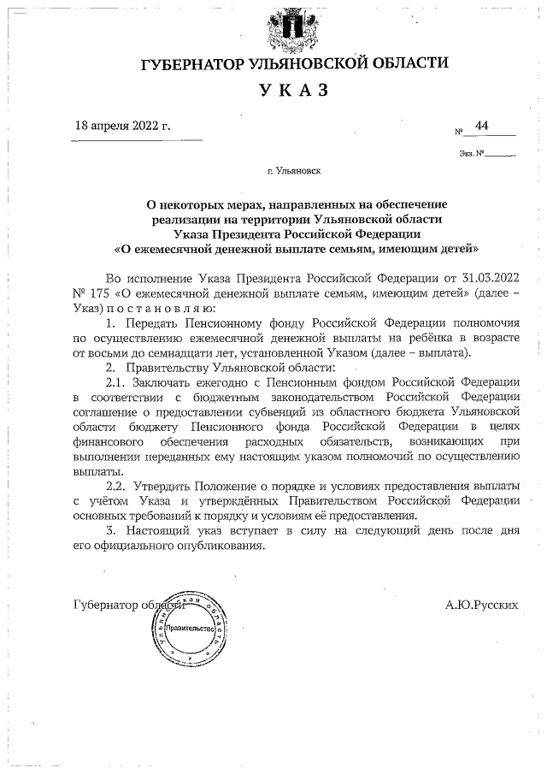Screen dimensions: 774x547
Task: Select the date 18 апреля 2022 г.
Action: [x=123, y=126]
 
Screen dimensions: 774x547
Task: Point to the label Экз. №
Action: [x=471, y=154]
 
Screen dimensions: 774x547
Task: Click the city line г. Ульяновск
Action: [x=293, y=171]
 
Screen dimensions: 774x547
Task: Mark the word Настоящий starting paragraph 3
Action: [x=157, y=530]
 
